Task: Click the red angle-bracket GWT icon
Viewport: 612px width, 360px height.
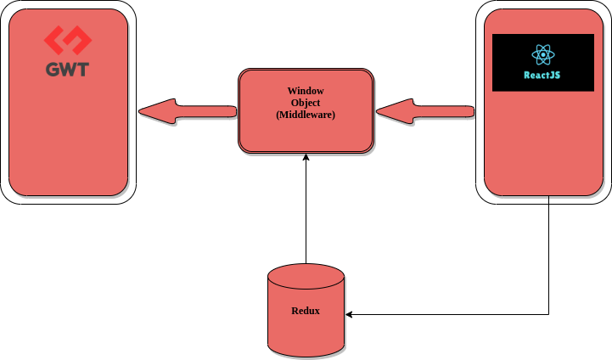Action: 67,41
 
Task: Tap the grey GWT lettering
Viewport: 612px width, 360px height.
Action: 67,69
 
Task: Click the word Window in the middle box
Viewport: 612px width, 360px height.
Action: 306,91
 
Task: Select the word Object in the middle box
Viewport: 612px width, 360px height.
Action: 306,103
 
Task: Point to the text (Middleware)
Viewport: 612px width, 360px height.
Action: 306,115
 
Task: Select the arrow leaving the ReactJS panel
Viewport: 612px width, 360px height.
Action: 424,111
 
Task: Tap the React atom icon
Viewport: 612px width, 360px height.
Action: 543,55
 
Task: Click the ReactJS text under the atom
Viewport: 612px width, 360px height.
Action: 542,75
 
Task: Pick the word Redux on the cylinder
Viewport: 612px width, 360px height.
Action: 306,311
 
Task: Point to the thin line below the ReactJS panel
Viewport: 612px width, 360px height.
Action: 549,200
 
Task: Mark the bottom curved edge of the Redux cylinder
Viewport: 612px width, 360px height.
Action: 306,352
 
